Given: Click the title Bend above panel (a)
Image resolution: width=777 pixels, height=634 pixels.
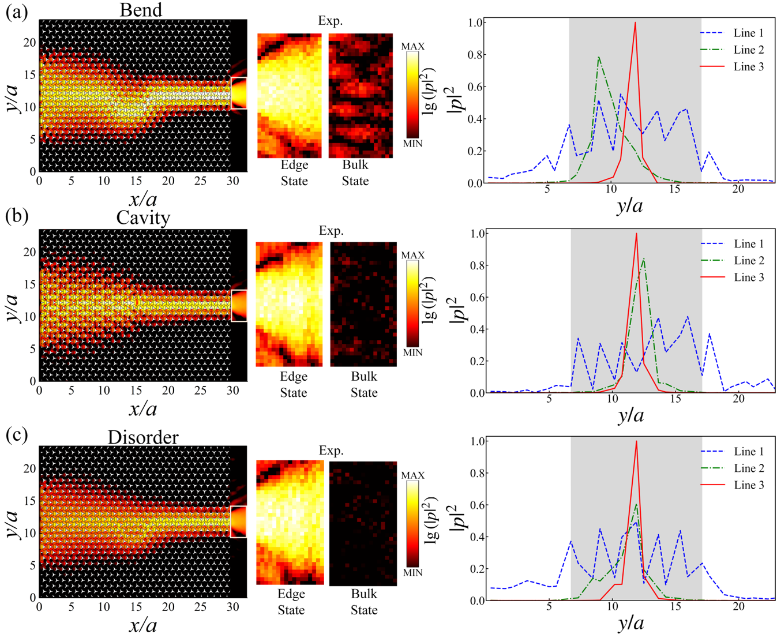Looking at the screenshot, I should [141, 10].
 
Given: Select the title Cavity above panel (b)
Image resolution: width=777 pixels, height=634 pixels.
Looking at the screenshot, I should [143, 217].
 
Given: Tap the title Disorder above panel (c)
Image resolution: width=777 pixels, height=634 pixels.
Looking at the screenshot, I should [143, 437].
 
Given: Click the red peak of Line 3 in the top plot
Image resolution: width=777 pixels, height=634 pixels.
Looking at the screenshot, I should [635, 23].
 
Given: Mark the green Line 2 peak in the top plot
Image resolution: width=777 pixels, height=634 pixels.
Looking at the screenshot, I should [599, 57].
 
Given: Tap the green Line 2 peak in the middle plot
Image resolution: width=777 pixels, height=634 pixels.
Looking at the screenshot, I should [643, 258].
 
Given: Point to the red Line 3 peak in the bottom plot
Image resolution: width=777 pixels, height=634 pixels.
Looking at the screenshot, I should [636, 441].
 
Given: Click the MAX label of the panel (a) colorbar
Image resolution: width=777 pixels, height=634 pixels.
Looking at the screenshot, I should [412, 46].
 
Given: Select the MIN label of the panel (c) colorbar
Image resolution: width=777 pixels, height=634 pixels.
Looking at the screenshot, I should [412, 573].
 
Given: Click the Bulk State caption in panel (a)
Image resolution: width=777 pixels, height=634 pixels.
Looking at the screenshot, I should [355, 172].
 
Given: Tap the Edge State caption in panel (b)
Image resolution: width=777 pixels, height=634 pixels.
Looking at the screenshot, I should [294, 384].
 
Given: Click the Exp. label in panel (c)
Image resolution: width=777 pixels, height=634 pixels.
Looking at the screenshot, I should [331, 451].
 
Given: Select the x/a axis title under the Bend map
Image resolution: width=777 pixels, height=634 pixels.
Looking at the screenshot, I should [142, 200].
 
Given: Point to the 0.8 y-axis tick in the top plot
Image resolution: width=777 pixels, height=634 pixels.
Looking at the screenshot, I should [476, 55].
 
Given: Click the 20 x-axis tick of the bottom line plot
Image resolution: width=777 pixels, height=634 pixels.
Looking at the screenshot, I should [738, 606].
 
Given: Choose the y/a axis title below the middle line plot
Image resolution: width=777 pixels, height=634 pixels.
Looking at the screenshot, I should [630, 415].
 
